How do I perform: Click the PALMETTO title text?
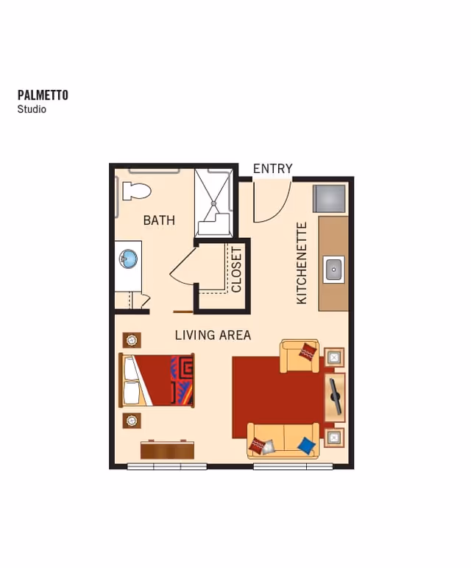[43, 95]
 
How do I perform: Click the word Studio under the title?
[32, 109]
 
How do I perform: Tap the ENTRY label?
[272, 169]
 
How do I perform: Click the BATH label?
[159, 220]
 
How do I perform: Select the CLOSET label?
[236, 270]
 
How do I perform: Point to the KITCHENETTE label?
[302, 263]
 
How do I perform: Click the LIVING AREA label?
[213, 335]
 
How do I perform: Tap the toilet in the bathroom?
[136, 191]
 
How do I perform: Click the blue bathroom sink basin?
[129, 259]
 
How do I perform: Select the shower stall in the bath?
[214, 203]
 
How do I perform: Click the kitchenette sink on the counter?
[334, 269]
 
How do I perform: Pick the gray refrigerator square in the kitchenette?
[329, 199]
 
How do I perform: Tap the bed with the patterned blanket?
[157, 380]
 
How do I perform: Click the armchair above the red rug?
[300, 357]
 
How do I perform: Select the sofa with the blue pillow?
[283, 441]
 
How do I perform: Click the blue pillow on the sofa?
[306, 445]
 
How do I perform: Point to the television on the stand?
[335, 396]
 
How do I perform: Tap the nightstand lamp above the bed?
[132, 340]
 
